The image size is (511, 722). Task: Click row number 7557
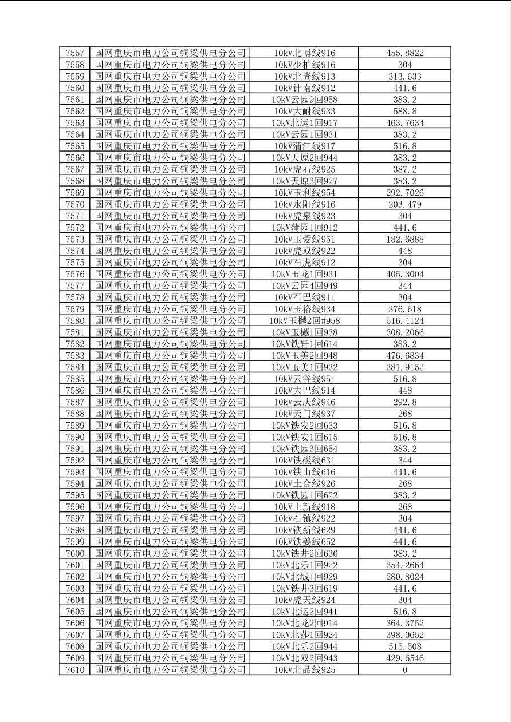click(x=75, y=53)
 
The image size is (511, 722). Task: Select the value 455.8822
click(x=405, y=53)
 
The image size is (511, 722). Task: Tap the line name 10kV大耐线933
click(x=304, y=112)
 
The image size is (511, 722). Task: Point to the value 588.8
click(x=405, y=112)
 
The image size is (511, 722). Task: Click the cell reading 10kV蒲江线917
click(x=304, y=146)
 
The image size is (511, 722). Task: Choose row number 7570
click(x=75, y=204)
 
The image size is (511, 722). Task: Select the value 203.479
click(x=405, y=204)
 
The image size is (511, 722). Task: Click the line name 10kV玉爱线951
click(x=304, y=239)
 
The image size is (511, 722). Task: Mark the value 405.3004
click(x=405, y=274)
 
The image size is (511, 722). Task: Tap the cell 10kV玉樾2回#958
click(x=304, y=321)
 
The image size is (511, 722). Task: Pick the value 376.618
click(x=405, y=309)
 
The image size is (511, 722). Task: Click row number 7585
click(x=75, y=379)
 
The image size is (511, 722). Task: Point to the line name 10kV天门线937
click(x=304, y=414)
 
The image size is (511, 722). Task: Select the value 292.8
click(x=405, y=402)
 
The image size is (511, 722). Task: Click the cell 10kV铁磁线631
click(x=304, y=461)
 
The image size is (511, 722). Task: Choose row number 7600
click(x=75, y=553)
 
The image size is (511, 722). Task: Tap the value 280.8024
click(x=405, y=577)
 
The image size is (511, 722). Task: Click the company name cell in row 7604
click(x=170, y=600)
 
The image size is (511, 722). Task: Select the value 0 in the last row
click(x=405, y=670)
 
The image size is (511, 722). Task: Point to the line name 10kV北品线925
click(x=304, y=670)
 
